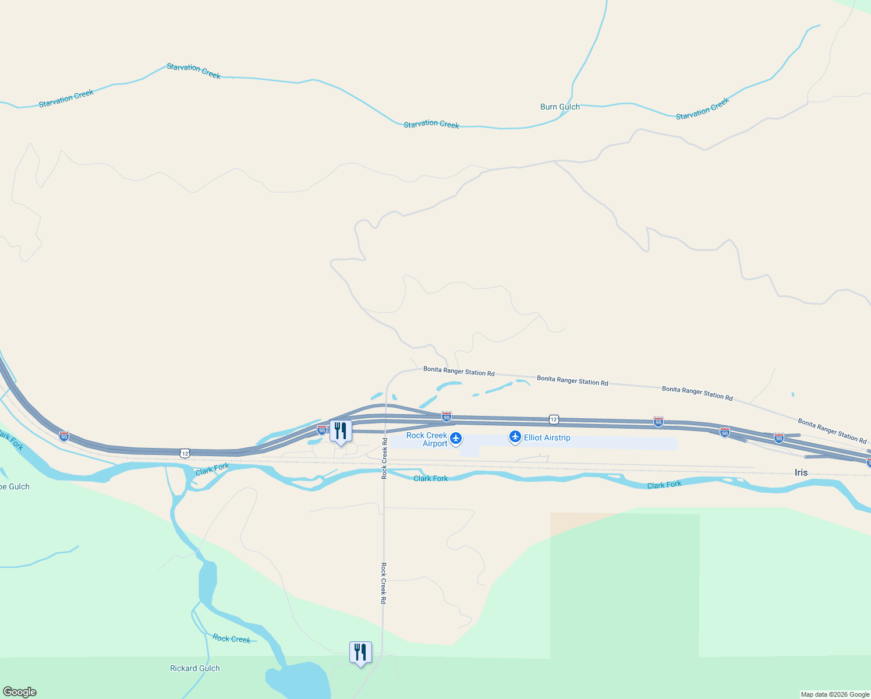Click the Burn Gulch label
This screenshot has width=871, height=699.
[x=560, y=107]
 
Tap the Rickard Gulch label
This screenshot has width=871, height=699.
[x=194, y=668]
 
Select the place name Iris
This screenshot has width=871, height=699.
[x=801, y=472]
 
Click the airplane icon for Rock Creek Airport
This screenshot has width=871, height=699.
[x=456, y=438]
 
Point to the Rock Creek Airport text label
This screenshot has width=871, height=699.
[x=427, y=439]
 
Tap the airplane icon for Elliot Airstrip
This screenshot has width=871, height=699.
[x=515, y=437]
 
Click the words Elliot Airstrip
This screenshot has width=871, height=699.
[x=547, y=437]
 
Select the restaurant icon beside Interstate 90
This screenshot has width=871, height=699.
[x=341, y=432]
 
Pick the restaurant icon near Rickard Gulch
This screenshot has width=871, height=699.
[x=360, y=652]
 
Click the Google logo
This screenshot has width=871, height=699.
[x=19, y=692]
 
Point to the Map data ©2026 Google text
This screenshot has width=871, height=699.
[x=834, y=694]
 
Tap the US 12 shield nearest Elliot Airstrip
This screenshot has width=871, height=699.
[x=554, y=419]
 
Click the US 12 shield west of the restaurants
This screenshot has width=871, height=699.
[x=185, y=453]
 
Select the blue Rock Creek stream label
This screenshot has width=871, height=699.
[x=231, y=638]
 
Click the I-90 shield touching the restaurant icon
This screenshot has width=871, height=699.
[x=322, y=430]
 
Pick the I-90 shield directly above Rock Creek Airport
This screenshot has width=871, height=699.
[x=446, y=416]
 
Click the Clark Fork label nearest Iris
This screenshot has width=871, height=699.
[x=664, y=485]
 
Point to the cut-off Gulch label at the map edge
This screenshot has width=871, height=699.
[x=15, y=486]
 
